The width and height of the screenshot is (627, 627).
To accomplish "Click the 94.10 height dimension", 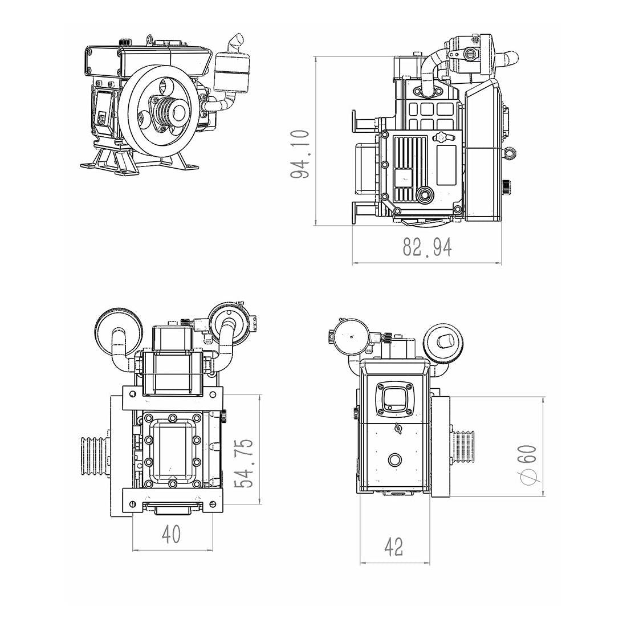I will coord(300,154).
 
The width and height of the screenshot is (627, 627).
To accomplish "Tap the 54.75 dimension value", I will coord(246,462).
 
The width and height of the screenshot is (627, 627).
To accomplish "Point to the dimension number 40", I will coord(171,534).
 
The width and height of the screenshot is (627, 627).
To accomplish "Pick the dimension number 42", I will coord(394,547).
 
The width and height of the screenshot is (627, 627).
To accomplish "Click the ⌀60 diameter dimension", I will coord(528,465).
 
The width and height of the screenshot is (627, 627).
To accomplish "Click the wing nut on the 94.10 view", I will coord(442,137).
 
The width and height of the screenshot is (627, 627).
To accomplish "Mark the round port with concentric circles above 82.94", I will coord(425,194).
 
